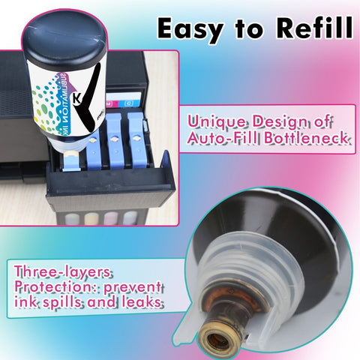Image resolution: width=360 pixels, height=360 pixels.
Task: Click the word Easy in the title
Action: point(190,29)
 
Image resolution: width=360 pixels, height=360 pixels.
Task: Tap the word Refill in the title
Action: point(315,28)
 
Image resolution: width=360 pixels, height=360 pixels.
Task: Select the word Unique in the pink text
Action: point(217,122)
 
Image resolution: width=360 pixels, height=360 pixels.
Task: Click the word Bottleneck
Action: point(307,138)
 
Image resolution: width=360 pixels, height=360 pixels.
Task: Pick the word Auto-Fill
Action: point(223,138)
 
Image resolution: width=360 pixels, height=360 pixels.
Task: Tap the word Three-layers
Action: point(62,272)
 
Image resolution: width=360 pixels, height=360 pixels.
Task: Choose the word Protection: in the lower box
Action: point(56,287)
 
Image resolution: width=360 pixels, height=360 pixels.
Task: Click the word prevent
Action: point(133,288)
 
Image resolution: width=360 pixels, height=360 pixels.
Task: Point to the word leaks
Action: point(142,301)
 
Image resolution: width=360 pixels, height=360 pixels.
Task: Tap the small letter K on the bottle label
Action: point(76,99)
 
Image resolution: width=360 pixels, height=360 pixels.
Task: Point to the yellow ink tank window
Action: point(91,218)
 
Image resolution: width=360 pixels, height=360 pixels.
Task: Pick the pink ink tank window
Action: point(110,218)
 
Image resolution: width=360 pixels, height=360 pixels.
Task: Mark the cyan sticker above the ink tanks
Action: point(129,103)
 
